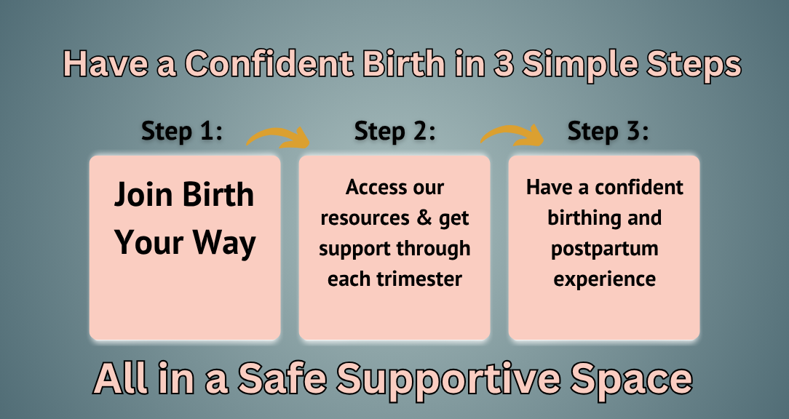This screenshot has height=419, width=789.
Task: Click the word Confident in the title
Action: [x=269, y=63]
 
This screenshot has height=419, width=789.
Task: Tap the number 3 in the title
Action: [x=503, y=63]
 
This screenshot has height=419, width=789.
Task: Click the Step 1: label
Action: [x=182, y=131]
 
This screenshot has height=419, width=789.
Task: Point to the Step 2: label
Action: [x=394, y=131]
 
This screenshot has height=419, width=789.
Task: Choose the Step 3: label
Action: [x=608, y=131]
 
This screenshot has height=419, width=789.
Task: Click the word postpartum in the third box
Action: [x=604, y=249]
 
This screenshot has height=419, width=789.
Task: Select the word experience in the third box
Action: [x=604, y=279]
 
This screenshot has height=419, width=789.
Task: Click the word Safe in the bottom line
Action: [x=282, y=378]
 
